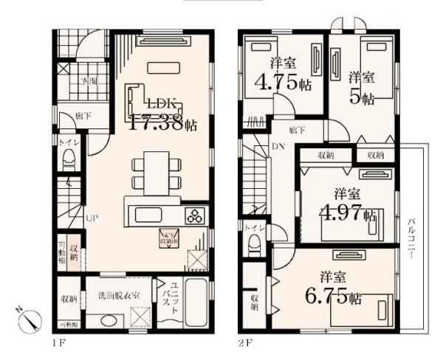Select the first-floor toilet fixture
(69, 157)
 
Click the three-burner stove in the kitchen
(196, 216)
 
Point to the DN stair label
(278, 147)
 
